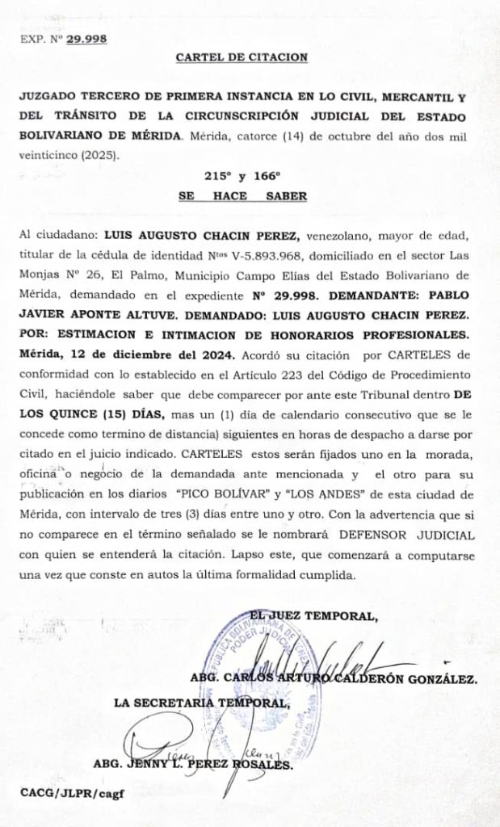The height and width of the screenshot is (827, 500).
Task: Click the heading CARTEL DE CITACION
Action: (242, 57)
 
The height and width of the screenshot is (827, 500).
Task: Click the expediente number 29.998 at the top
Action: (86, 37)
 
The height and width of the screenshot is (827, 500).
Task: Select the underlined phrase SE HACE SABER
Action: (242, 196)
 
